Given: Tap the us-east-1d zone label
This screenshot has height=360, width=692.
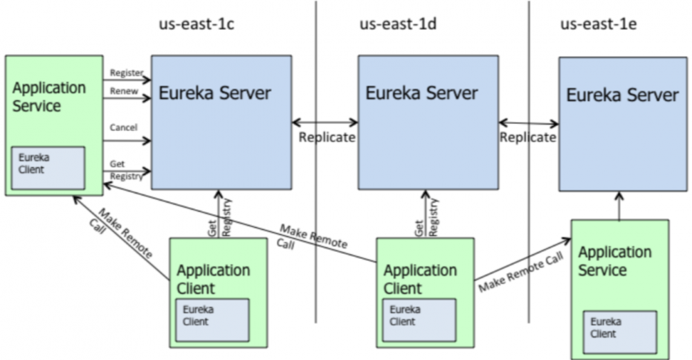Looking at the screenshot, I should pyautogui.click(x=397, y=26).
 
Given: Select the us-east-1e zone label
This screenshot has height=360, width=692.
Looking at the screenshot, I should pyautogui.click(x=599, y=26).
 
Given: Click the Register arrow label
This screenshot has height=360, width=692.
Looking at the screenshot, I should pyautogui.click(x=127, y=73).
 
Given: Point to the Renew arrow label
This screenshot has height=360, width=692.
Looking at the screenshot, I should pyautogui.click(x=124, y=91).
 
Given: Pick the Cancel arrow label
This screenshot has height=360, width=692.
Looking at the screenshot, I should pyautogui.click(x=124, y=127).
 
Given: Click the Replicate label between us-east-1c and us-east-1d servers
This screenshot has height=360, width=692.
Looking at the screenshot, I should pyautogui.click(x=327, y=137).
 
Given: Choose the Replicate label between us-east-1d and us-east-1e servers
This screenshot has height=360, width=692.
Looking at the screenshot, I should pyautogui.click(x=528, y=137).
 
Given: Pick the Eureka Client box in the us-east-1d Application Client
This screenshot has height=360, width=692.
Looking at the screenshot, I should pyautogui.click(x=418, y=319).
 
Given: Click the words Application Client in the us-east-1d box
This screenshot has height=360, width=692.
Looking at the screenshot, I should pyautogui.click(x=420, y=278).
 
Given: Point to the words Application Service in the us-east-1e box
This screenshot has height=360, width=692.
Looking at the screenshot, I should pyautogui.click(x=614, y=260).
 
